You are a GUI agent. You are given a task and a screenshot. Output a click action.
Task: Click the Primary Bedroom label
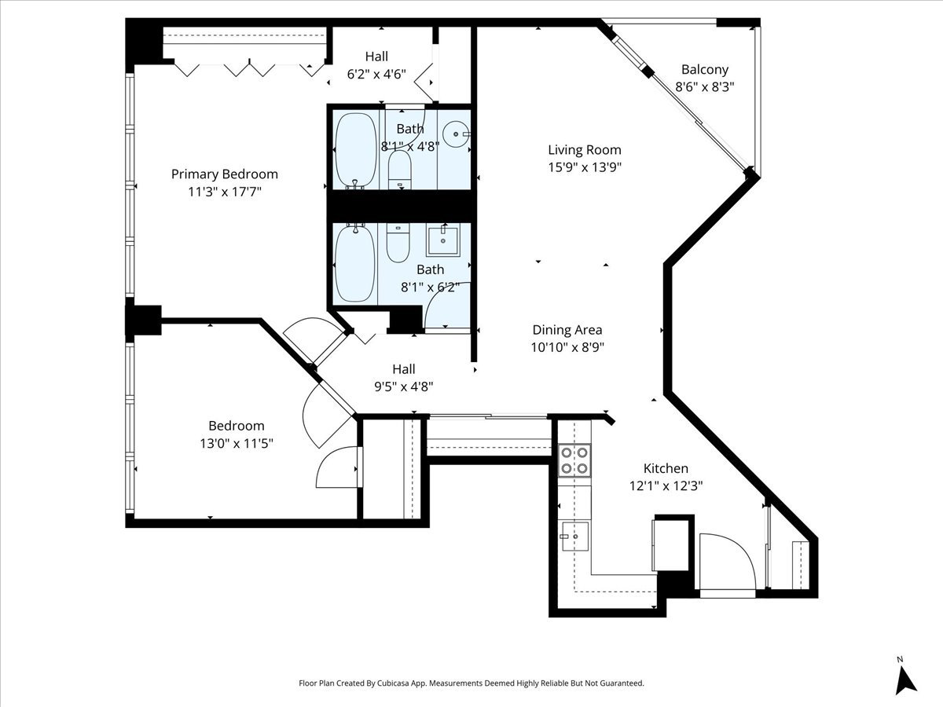(224, 174)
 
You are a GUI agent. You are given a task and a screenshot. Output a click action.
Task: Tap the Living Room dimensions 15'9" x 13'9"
(585, 167)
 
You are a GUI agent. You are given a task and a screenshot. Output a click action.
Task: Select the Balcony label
(705, 70)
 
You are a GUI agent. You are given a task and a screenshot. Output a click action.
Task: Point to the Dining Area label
(567, 330)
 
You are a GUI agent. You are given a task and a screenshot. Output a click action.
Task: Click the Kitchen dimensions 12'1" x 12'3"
(666, 486)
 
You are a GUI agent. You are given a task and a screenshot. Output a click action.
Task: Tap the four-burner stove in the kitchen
(574, 460)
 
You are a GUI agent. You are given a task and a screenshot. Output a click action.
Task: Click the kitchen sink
(574, 537)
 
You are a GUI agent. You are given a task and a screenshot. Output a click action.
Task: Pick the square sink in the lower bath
(443, 240)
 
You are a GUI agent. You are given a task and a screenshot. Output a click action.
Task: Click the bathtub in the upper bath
(356, 151)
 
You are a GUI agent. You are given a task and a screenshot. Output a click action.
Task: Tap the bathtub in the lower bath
(355, 262)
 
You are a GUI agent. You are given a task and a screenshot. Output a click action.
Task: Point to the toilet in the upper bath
(399, 170)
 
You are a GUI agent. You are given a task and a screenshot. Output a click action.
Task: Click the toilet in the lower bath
(398, 243)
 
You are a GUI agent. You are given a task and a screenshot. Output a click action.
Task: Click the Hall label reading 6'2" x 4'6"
(376, 65)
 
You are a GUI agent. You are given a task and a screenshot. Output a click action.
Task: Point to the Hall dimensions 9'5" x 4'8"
(404, 387)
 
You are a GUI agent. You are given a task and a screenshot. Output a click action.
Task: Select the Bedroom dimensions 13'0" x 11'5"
(237, 443)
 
